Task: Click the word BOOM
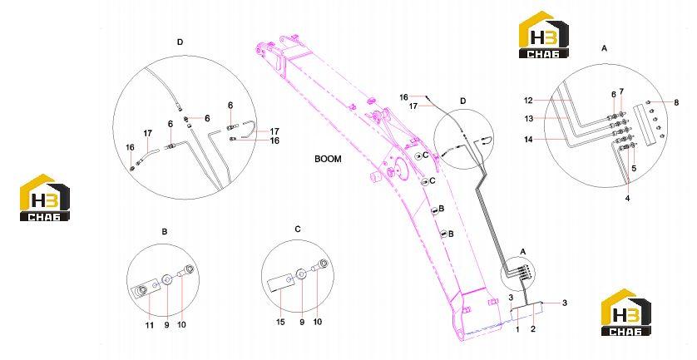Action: pyautogui.click(x=328, y=159)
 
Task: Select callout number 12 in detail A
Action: pyautogui.click(x=528, y=101)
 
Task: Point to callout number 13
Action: pyautogui.click(x=528, y=119)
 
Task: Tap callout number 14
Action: pyautogui.click(x=528, y=139)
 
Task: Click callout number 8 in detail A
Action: pyautogui.click(x=676, y=102)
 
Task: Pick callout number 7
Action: pyautogui.click(x=621, y=91)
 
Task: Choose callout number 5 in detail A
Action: pyautogui.click(x=634, y=169)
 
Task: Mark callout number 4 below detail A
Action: pyautogui.click(x=627, y=198)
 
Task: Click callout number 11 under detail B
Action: pyautogui.click(x=150, y=325)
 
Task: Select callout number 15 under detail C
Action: pyautogui.click(x=280, y=322)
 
